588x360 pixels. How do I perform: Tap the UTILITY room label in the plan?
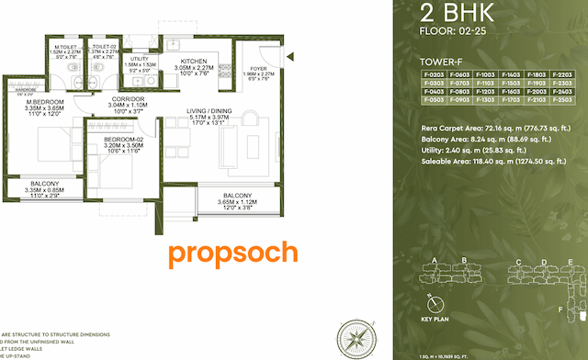point(139,58)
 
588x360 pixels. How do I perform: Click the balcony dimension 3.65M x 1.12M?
point(238,202)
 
